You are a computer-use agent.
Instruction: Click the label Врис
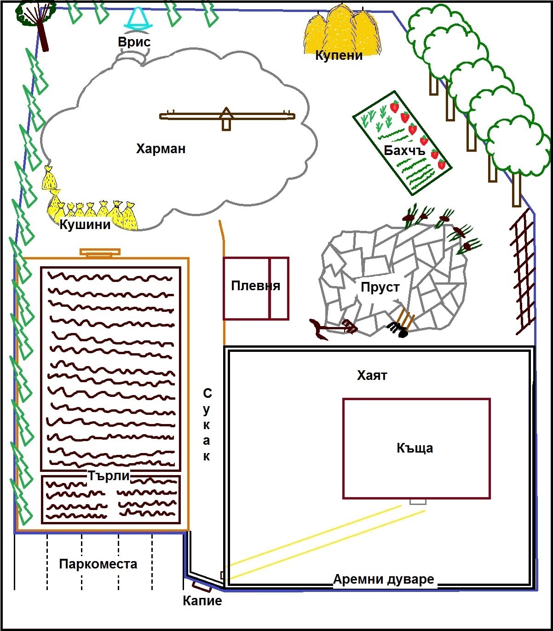coord(134,42)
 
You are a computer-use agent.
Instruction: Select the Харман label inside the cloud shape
coord(161,149)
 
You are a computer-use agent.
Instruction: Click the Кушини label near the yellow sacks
coord(85,224)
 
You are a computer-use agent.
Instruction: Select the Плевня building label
coord(255,286)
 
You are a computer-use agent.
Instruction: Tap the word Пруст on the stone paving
coord(380,287)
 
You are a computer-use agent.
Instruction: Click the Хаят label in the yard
coord(372,375)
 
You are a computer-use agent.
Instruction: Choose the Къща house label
coord(415,448)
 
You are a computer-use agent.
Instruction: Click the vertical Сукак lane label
coord(207,424)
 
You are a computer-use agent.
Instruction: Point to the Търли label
coord(109,476)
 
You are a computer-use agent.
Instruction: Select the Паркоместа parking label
coord(98,564)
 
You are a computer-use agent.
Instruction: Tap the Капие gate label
coord(202,600)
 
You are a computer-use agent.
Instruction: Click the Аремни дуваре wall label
coord(384,579)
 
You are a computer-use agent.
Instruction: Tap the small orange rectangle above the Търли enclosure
coord(100,252)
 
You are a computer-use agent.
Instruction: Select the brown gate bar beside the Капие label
coord(202,587)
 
